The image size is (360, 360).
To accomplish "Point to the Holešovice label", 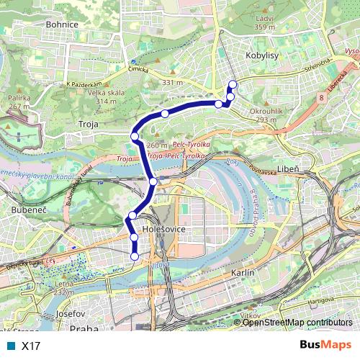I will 145,229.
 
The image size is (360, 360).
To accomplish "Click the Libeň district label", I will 287,168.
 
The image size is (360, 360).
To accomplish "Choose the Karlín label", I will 243,274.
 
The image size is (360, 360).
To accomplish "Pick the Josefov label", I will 71,315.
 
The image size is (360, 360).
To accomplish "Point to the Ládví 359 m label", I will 264,22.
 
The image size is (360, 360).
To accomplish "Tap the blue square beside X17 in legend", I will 9,346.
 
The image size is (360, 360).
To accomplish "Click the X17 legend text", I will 31,346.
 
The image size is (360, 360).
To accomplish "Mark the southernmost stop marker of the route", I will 135,255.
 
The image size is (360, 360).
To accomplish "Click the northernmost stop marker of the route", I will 233,84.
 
